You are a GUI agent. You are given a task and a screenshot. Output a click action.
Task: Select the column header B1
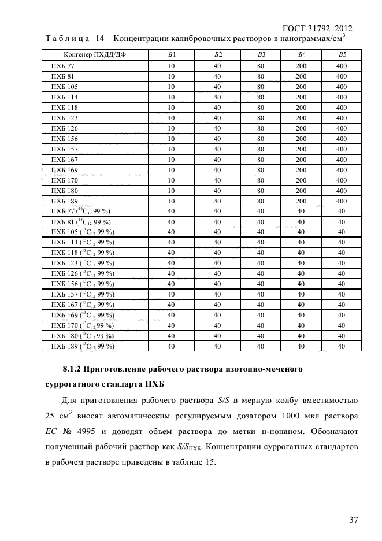(171, 55)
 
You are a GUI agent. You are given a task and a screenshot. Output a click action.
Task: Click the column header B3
(261, 55)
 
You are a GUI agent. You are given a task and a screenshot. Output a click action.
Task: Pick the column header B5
(341, 55)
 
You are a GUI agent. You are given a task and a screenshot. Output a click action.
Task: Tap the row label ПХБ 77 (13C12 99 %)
(81, 211)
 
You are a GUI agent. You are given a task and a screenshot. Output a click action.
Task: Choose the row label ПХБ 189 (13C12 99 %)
(83, 346)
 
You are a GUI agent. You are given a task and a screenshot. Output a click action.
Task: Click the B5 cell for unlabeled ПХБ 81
(341, 76)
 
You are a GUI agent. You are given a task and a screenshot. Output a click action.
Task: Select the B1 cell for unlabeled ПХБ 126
(171, 128)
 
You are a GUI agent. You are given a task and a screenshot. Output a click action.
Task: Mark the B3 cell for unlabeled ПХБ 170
(261, 180)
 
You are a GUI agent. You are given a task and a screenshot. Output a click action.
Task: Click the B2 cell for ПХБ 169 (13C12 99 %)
(218, 315)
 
